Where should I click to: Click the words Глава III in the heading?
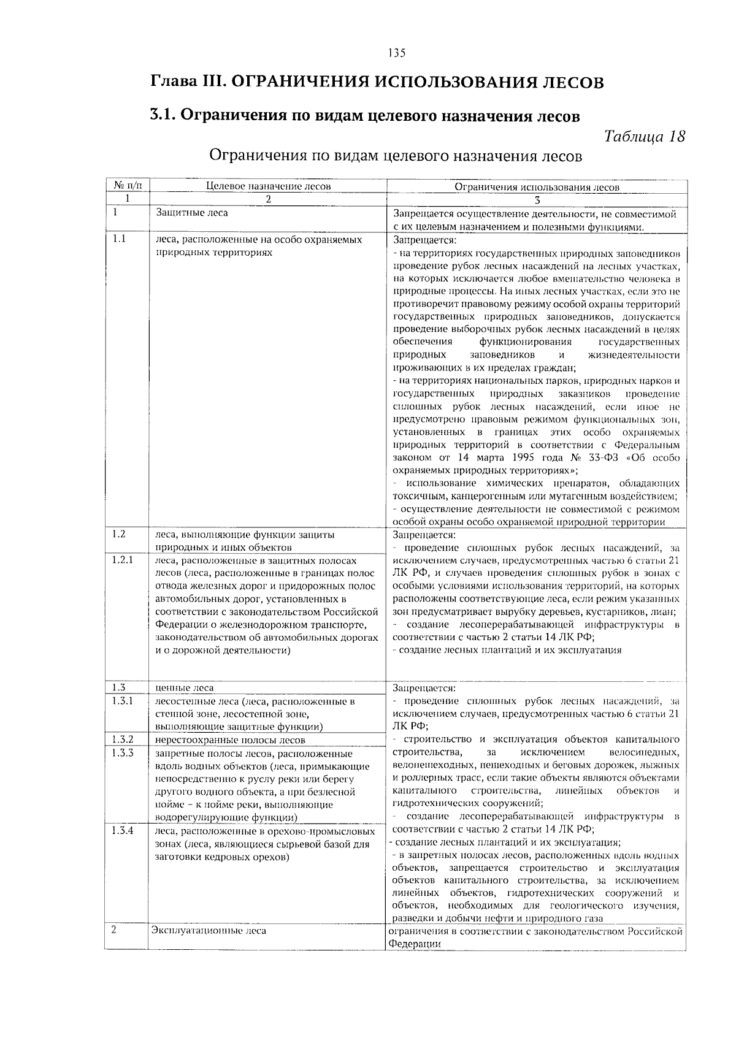[x=185, y=82]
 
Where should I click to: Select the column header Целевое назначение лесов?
[x=268, y=186]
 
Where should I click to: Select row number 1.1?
[x=120, y=239]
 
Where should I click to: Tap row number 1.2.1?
[x=123, y=560]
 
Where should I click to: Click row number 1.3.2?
[x=123, y=740]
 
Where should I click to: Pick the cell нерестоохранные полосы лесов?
[x=230, y=740]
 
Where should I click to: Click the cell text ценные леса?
[x=185, y=688]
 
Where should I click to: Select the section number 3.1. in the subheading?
[x=164, y=115]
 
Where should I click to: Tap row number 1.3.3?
[x=123, y=753]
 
